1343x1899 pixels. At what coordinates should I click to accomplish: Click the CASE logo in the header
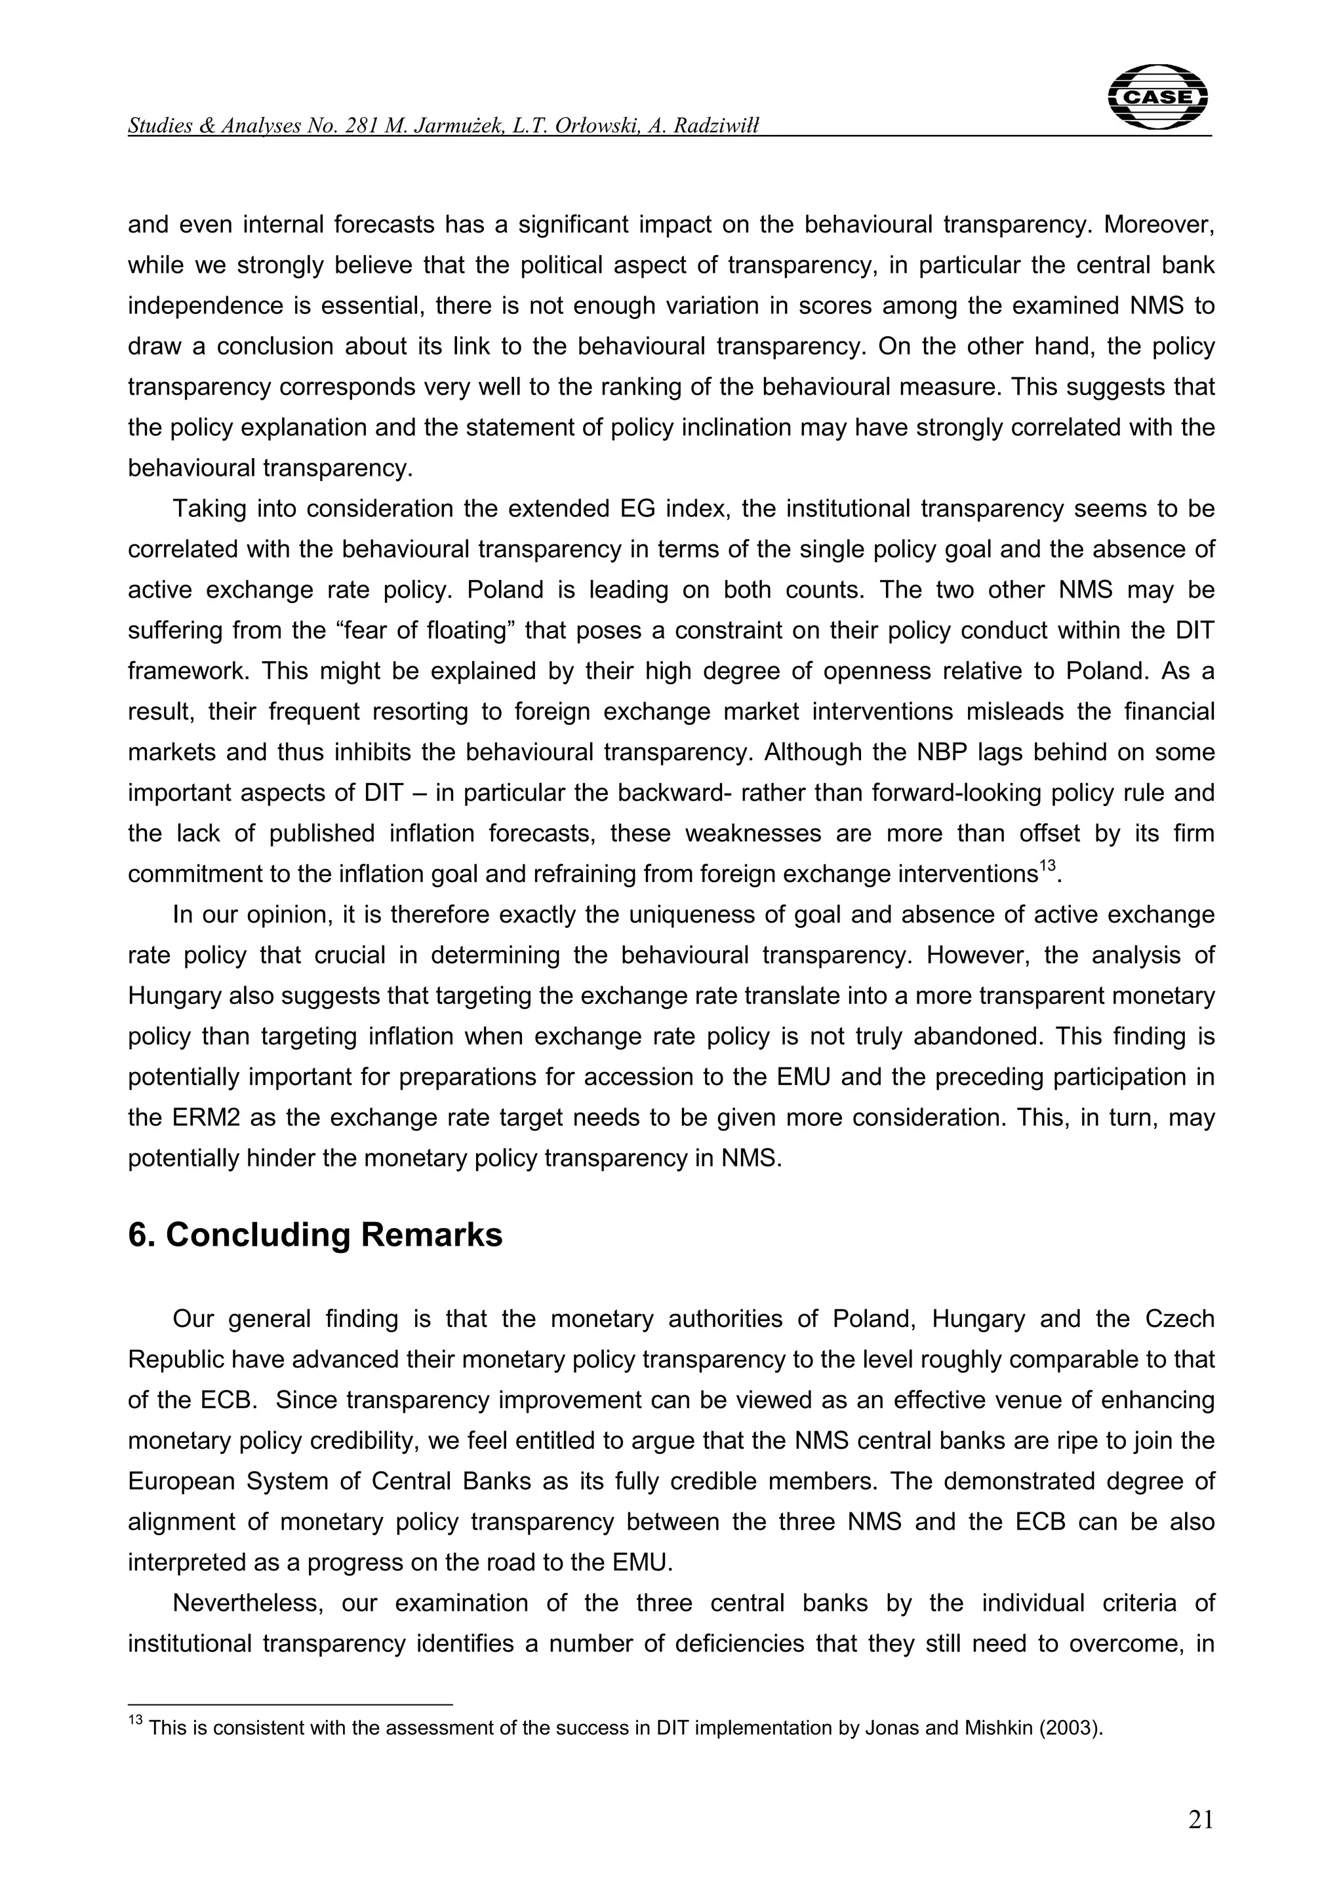1157,98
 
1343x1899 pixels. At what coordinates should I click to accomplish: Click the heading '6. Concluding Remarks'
315,1235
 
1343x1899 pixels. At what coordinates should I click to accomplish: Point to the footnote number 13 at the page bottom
136,1722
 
